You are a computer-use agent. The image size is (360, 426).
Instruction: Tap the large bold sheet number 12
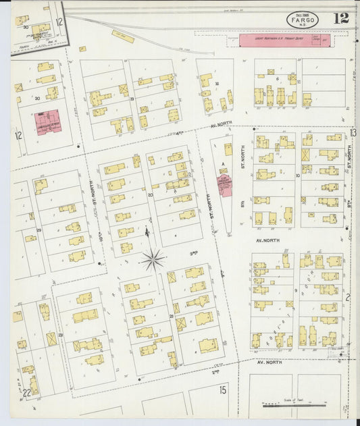coord(341,18)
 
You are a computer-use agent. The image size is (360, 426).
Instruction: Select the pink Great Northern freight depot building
coord(284,41)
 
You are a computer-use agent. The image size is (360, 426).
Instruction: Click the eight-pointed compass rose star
coord(154,258)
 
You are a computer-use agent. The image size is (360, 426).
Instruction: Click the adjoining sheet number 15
coord(222,390)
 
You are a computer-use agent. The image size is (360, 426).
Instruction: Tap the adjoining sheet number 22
coord(27,393)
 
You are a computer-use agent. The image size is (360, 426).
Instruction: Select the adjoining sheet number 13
coord(353,132)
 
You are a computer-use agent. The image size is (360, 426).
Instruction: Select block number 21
coord(172,315)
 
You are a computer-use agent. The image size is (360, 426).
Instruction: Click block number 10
coord(297,175)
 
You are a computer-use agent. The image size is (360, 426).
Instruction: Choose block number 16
coord(217,84)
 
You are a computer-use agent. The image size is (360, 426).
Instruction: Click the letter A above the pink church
coord(222,163)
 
